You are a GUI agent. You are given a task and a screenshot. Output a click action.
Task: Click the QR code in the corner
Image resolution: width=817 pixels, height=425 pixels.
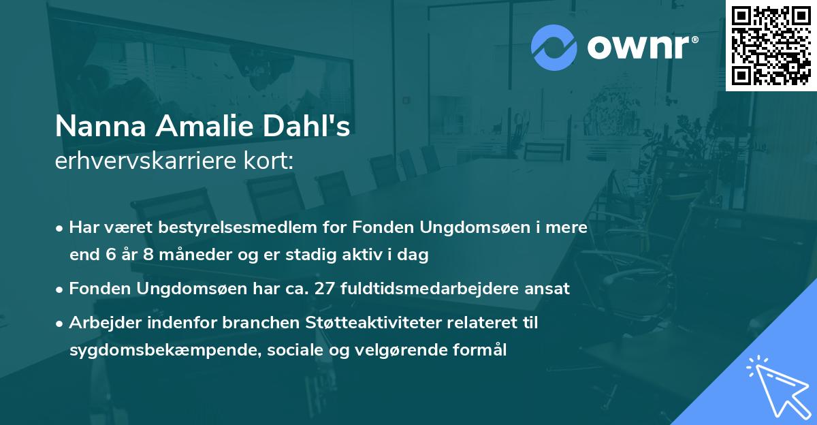[771, 45]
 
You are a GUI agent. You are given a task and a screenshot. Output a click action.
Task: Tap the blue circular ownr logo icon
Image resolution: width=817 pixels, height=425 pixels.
[553, 47]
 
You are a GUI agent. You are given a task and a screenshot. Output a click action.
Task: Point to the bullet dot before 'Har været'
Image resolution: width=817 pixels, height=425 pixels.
[61, 228]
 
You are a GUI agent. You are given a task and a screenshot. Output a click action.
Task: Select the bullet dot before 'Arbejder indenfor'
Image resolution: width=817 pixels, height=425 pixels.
[61, 324]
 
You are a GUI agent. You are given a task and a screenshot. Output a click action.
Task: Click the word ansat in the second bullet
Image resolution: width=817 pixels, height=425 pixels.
[549, 289]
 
